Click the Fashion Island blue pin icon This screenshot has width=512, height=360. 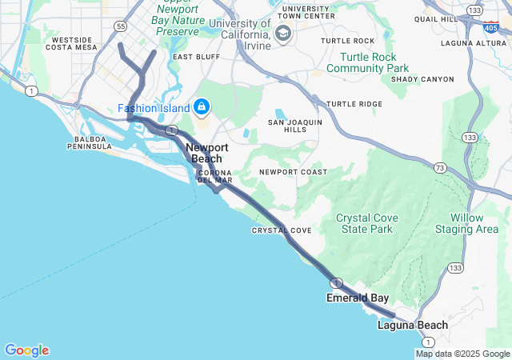(202, 106)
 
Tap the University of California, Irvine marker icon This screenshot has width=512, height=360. (282, 34)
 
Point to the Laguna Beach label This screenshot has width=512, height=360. (413, 326)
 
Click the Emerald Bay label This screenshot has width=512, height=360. (357, 298)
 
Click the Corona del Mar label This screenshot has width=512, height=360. (214, 176)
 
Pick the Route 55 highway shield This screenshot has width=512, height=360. (121, 26)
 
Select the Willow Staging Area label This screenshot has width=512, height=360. (466, 223)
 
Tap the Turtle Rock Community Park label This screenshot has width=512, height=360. (374, 62)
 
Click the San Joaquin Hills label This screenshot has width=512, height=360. (294, 126)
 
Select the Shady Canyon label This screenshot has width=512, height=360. (422, 79)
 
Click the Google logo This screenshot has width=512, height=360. (26, 350)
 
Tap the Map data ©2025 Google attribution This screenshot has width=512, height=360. (462, 354)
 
